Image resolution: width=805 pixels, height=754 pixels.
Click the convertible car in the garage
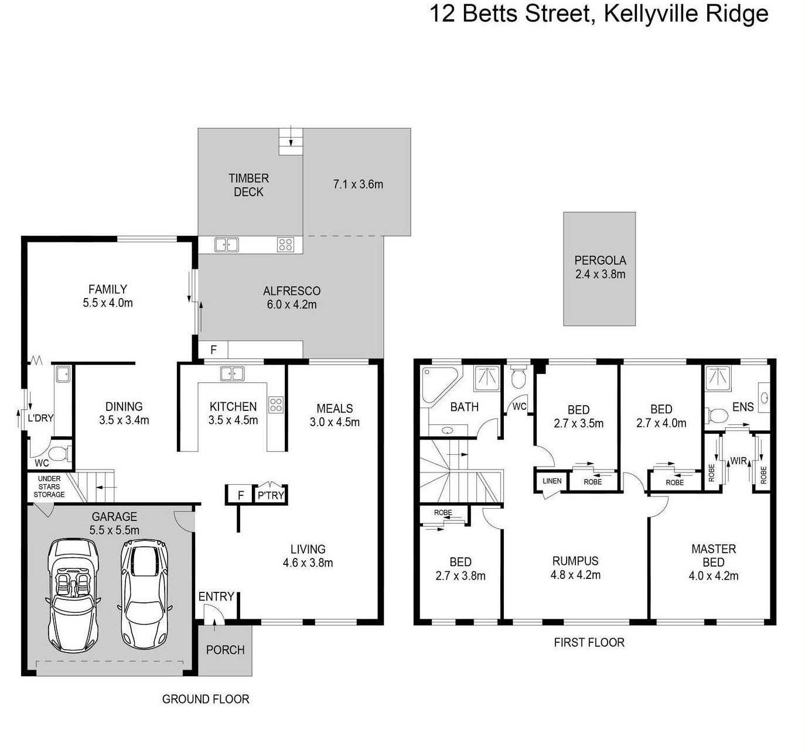[73, 594]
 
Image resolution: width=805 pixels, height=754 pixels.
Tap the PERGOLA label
[600, 260]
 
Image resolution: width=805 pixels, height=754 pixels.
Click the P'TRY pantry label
[271, 495]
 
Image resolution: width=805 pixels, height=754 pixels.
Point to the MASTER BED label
[714, 556]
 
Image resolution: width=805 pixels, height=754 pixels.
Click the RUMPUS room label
[575, 561]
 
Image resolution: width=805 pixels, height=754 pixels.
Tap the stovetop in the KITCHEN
[275, 405]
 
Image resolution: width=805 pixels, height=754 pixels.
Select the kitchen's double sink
[232, 373]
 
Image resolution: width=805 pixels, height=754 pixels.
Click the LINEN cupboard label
[552, 481]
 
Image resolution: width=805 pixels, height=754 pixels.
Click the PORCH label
[225, 650]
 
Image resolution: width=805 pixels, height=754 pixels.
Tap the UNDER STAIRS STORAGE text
[49, 486]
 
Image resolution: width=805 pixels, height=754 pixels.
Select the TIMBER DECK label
[248, 185]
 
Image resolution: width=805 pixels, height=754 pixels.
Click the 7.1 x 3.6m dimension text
[358, 184]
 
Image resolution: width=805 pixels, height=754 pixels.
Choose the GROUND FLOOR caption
[206, 699]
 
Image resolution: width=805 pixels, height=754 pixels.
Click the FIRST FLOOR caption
[589, 642]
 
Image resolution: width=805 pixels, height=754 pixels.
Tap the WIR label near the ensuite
[738, 461]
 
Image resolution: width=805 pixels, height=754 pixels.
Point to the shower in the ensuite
[718, 378]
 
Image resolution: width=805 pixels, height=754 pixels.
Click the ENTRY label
[216, 597]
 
